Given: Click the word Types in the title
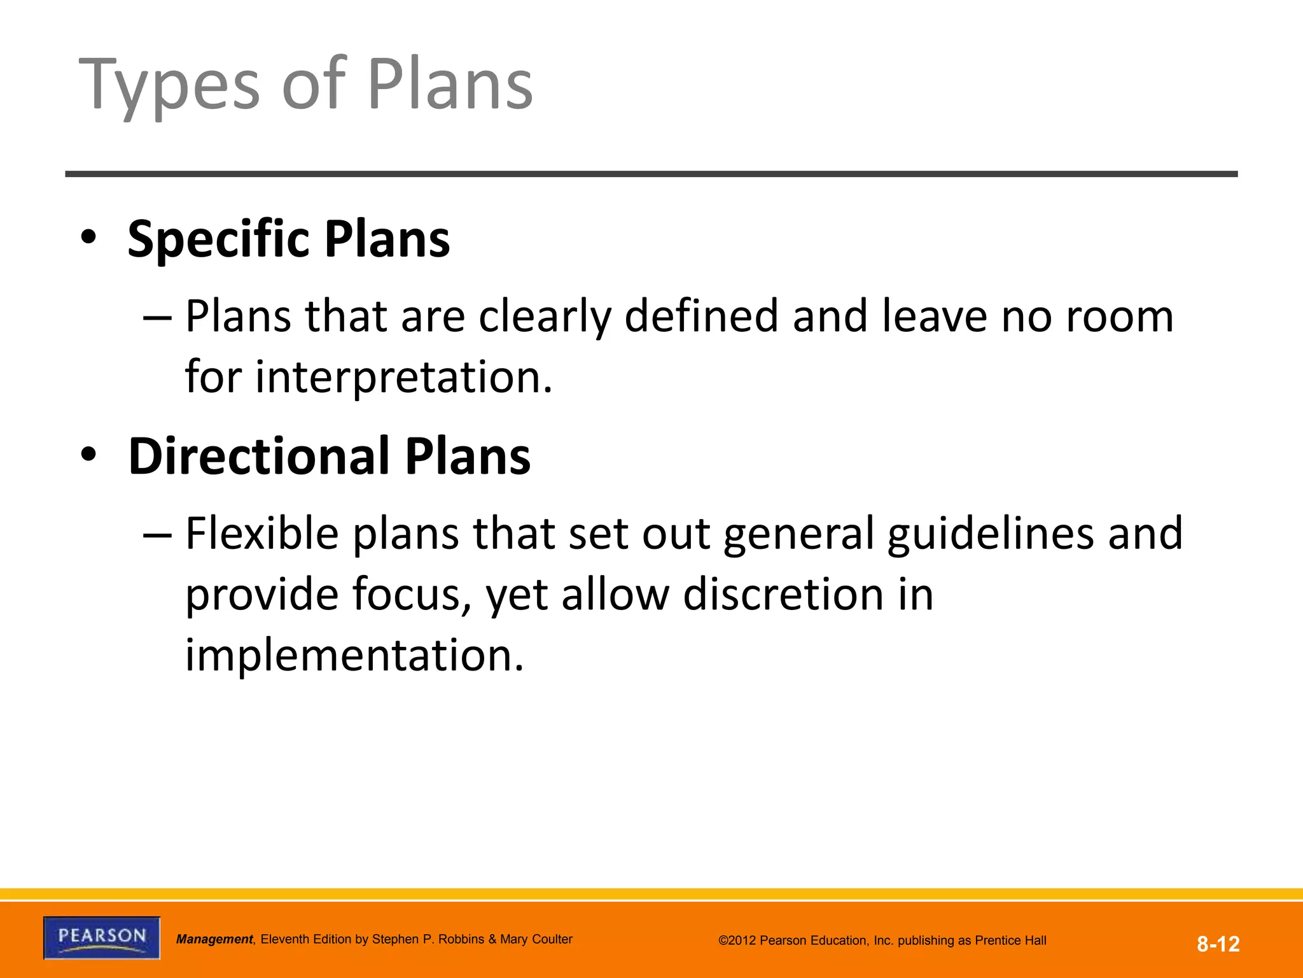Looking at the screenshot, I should (x=169, y=86).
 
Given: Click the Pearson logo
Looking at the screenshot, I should (x=102, y=937).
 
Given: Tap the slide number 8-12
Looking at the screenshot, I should (x=1218, y=944).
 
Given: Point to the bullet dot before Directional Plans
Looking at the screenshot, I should (x=88, y=455).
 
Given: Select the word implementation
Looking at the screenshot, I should (x=354, y=655).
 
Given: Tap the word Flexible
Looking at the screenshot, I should (x=261, y=533).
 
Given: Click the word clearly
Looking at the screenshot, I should (x=545, y=316).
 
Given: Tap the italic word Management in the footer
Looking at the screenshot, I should (x=214, y=939).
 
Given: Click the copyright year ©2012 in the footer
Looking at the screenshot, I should (x=737, y=940).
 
